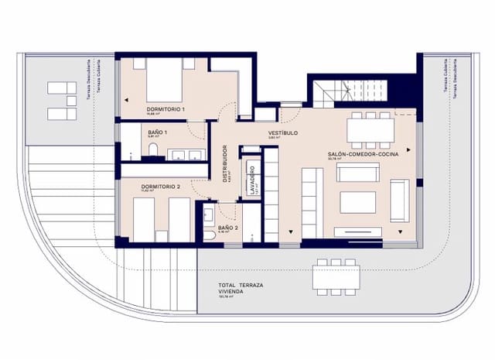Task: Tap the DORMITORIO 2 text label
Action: (161, 187)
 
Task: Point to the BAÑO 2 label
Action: (228, 228)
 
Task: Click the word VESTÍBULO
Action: (283, 133)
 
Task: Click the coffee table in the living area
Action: (357, 203)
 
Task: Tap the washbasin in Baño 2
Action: (208, 210)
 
